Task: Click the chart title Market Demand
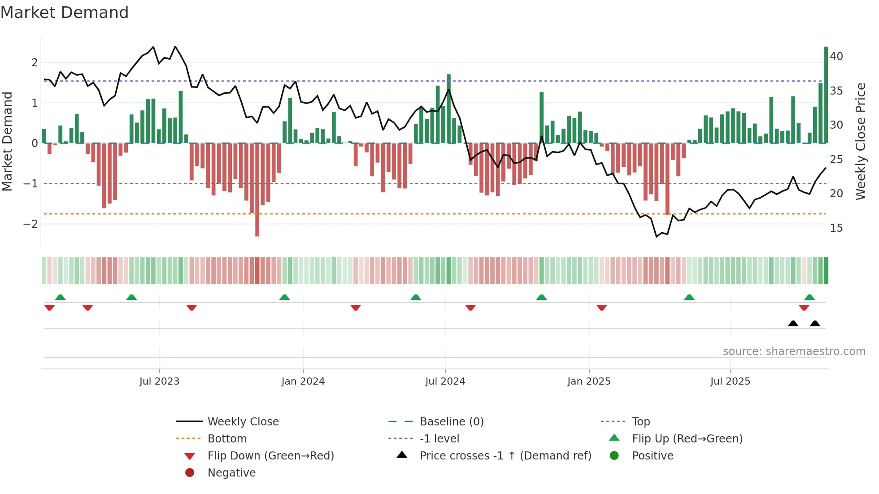[x=65, y=13]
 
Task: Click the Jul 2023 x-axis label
[x=159, y=381]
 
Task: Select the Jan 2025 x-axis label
[x=588, y=381]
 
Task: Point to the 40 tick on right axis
[x=836, y=56]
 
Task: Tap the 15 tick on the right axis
[x=836, y=228]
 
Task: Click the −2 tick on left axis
[x=30, y=224]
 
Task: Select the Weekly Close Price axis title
[x=860, y=141]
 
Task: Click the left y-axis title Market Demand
[x=7, y=141]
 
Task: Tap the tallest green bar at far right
[x=826, y=94]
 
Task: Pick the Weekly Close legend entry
[x=243, y=422]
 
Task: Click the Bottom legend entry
[x=227, y=439]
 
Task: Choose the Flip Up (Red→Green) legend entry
[x=687, y=439]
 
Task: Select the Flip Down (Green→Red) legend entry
[x=270, y=456]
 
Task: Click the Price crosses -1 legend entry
[x=505, y=456]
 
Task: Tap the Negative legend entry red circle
[x=190, y=473]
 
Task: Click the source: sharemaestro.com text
[x=794, y=351]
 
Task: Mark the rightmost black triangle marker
[x=815, y=324]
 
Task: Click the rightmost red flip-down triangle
[x=804, y=308]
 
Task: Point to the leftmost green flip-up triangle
[x=60, y=297]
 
